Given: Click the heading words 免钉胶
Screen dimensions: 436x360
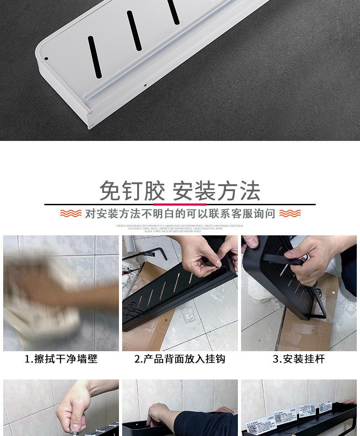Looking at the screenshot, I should point(132,191).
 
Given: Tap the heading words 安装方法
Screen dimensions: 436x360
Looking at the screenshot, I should point(216,191).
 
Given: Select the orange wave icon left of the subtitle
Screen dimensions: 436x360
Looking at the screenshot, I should point(71,213).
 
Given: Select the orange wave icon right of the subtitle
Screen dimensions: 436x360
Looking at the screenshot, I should point(290,213).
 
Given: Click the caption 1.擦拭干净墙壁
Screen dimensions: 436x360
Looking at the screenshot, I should point(61,359).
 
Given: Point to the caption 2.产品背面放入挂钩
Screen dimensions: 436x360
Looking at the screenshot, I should point(180,359).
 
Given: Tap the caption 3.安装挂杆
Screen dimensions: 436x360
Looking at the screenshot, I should point(299,359).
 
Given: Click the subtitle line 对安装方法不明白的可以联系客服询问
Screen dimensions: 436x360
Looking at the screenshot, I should point(180,213).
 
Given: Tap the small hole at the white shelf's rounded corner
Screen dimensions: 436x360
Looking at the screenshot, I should point(46,58).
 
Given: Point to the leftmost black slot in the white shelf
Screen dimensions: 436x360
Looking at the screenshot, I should point(94,56).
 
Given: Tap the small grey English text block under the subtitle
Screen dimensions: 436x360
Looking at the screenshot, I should point(180,228).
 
